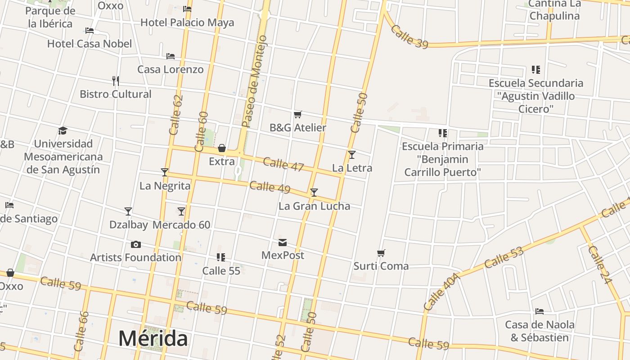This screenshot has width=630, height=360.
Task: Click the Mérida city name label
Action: pyautogui.click(x=153, y=339)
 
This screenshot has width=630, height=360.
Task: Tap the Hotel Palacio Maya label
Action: pyautogui.click(x=187, y=22)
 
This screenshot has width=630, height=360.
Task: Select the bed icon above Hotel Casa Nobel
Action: pyautogui.click(x=90, y=31)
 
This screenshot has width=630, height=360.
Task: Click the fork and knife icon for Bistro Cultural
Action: pyautogui.click(x=116, y=81)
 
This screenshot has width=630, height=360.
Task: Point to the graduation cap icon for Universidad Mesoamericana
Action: pyautogui.click(x=63, y=131)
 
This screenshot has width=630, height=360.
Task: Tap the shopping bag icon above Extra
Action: pyautogui.click(x=222, y=148)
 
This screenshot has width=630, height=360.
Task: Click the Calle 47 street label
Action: pyautogui.click(x=283, y=164)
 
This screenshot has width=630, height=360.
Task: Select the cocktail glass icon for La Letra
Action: pyautogui.click(x=352, y=155)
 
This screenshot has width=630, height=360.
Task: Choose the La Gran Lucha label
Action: pyautogui.click(x=314, y=206)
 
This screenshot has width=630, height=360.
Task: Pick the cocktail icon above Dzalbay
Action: pyautogui.click(x=128, y=211)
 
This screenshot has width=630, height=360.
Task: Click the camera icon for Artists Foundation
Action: pyautogui.click(x=135, y=244)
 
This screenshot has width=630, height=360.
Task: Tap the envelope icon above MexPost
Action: pyautogui.click(x=283, y=243)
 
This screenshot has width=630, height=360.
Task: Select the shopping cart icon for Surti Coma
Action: pyautogui.click(x=381, y=253)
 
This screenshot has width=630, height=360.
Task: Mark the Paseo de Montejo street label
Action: pyautogui.click(x=254, y=81)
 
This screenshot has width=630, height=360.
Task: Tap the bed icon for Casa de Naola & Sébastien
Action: pyautogui.click(x=540, y=311)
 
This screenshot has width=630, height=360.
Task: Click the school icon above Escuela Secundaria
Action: pyautogui.click(x=535, y=70)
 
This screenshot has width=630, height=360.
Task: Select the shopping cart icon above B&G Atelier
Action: pyautogui.click(x=297, y=115)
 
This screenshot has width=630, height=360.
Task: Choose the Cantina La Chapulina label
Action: pyautogui.click(x=554, y=10)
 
